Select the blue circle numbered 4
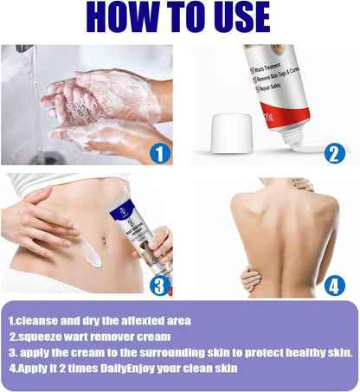point(336,285)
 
